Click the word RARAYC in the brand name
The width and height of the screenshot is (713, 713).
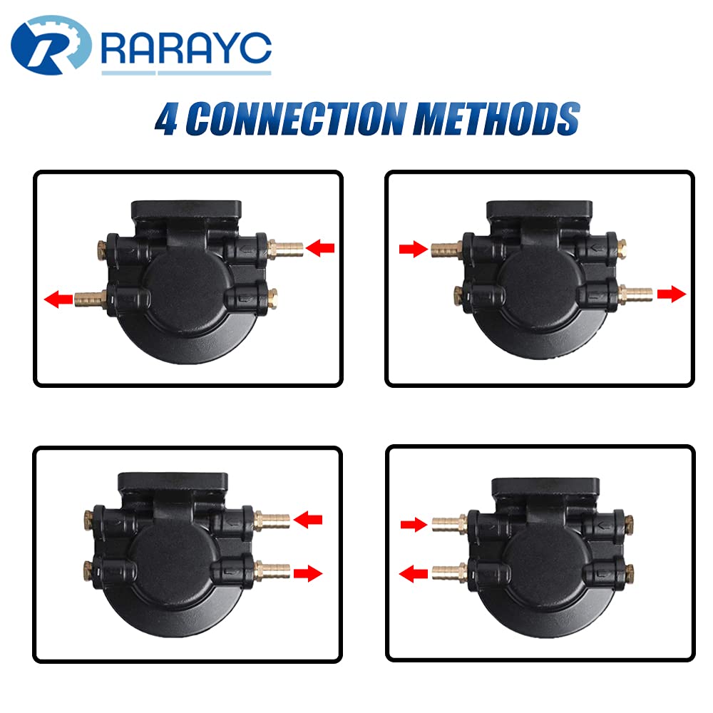[x=187, y=48]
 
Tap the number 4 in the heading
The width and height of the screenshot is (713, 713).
[x=167, y=120]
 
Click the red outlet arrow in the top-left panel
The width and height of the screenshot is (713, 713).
[x=58, y=300]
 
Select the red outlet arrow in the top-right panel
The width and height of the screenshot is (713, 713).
[x=672, y=294]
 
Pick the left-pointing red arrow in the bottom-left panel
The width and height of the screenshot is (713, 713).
[x=309, y=520]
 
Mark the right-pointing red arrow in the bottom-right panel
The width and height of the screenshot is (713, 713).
[x=413, y=525]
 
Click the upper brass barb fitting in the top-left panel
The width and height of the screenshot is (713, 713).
[x=287, y=249]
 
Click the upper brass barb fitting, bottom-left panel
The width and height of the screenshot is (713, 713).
[x=272, y=518]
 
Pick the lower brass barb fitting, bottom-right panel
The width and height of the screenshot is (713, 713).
[x=448, y=572]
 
